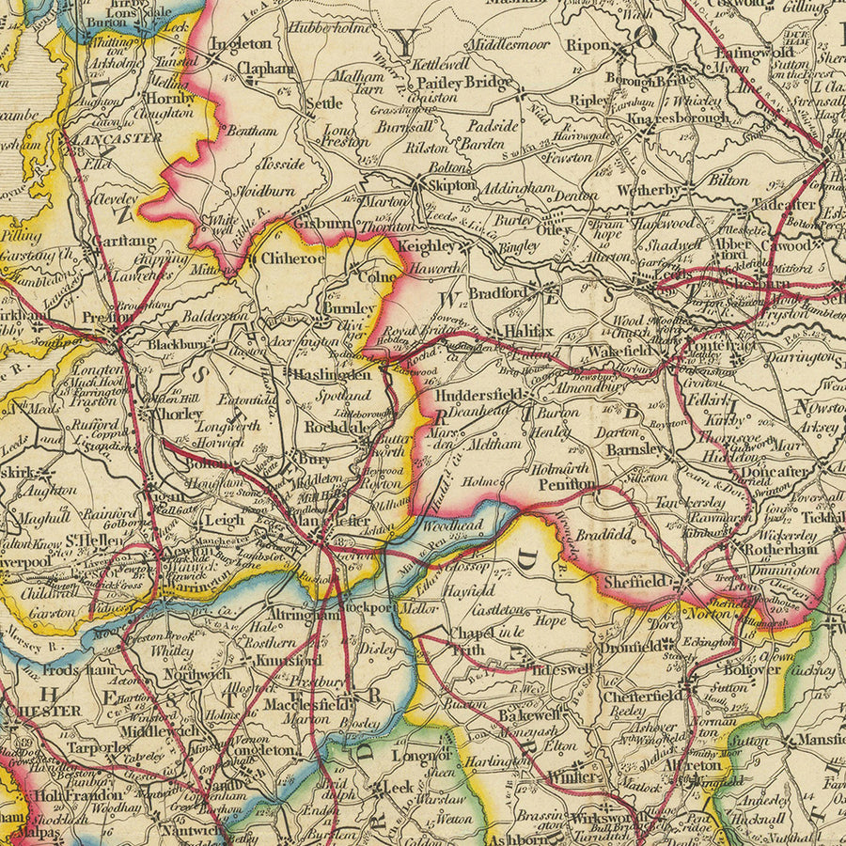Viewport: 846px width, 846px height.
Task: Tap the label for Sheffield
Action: (x=635, y=582)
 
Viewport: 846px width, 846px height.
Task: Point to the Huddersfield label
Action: (x=478, y=396)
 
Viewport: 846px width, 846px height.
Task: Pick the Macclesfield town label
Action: (x=300, y=703)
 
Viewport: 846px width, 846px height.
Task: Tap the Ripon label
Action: (x=588, y=44)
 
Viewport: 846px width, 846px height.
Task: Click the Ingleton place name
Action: (x=240, y=44)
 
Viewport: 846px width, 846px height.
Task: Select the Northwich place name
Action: (x=197, y=674)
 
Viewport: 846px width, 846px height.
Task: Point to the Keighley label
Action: (x=427, y=247)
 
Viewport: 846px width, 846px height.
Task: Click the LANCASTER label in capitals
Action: (x=117, y=137)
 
